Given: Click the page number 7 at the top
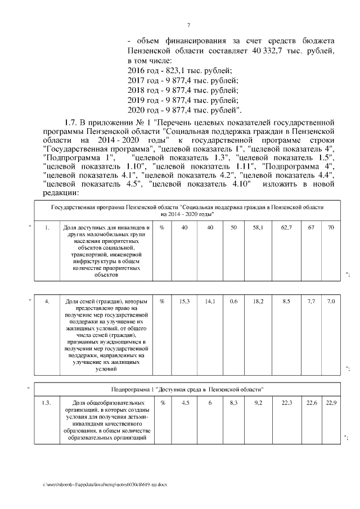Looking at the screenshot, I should (x=188, y=25).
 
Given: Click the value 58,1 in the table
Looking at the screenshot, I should (x=258, y=227).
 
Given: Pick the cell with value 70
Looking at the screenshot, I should (x=331, y=227).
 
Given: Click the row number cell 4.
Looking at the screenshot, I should (x=47, y=301).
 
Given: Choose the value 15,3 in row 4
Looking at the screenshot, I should (x=184, y=301).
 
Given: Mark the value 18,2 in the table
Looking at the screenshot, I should (x=258, y=301).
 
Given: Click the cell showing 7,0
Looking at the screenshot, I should (x=331, y=301).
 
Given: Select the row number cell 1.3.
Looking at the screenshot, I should (x=47, y=403).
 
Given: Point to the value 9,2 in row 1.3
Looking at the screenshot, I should (x=258, y=403).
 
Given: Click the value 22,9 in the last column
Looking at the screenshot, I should (x=331, y=403).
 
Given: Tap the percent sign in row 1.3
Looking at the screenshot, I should (x=162, y=403).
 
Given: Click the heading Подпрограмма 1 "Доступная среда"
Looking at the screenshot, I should (x=188, y=389).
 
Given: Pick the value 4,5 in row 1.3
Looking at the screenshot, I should (x=184, y=403).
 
